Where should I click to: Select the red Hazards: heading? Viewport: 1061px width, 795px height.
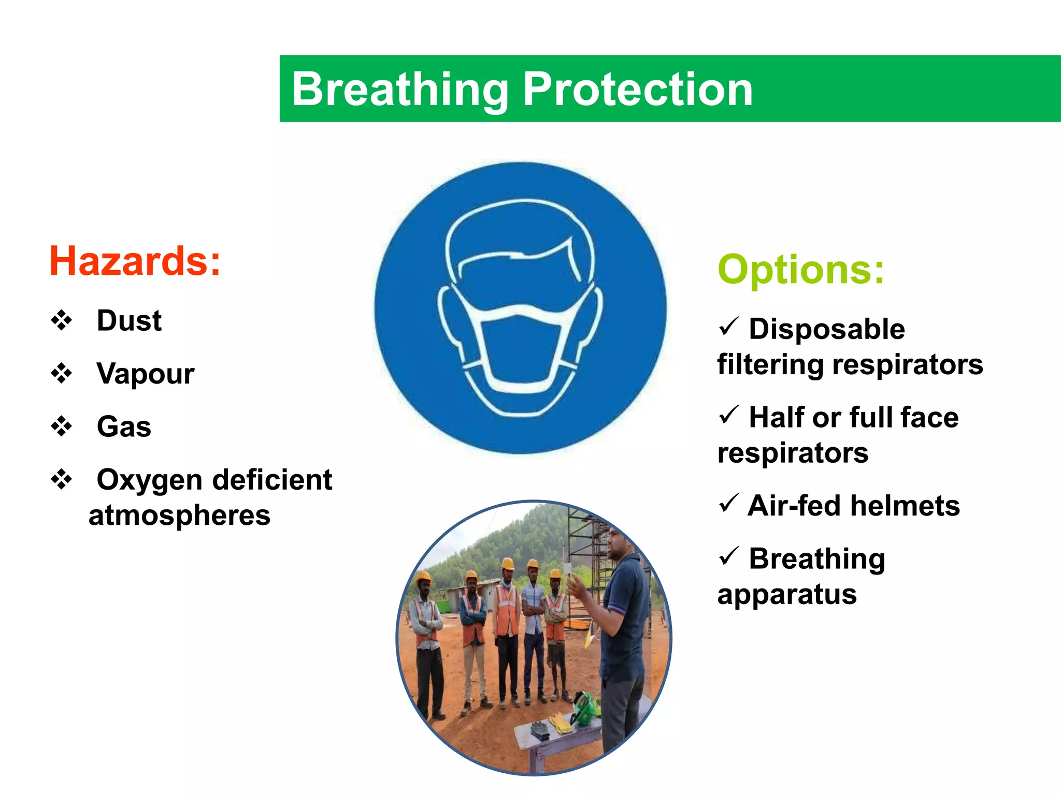[x=135, y=261]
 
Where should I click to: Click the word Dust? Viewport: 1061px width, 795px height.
[x=129, y=320]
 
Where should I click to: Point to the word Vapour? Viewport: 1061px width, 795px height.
[x=145, y=373]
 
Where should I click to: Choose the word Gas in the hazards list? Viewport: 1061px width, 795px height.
[x=124, y=426]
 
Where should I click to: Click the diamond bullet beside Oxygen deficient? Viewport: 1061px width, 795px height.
[x=62, y=479]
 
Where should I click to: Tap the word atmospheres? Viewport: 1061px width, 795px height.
[x=179, y=516]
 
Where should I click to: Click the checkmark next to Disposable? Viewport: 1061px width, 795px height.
[x=728, y=327]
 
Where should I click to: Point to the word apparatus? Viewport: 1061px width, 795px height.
[x=786, y=594]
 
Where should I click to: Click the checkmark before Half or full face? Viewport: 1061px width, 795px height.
[x=728, y=415]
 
